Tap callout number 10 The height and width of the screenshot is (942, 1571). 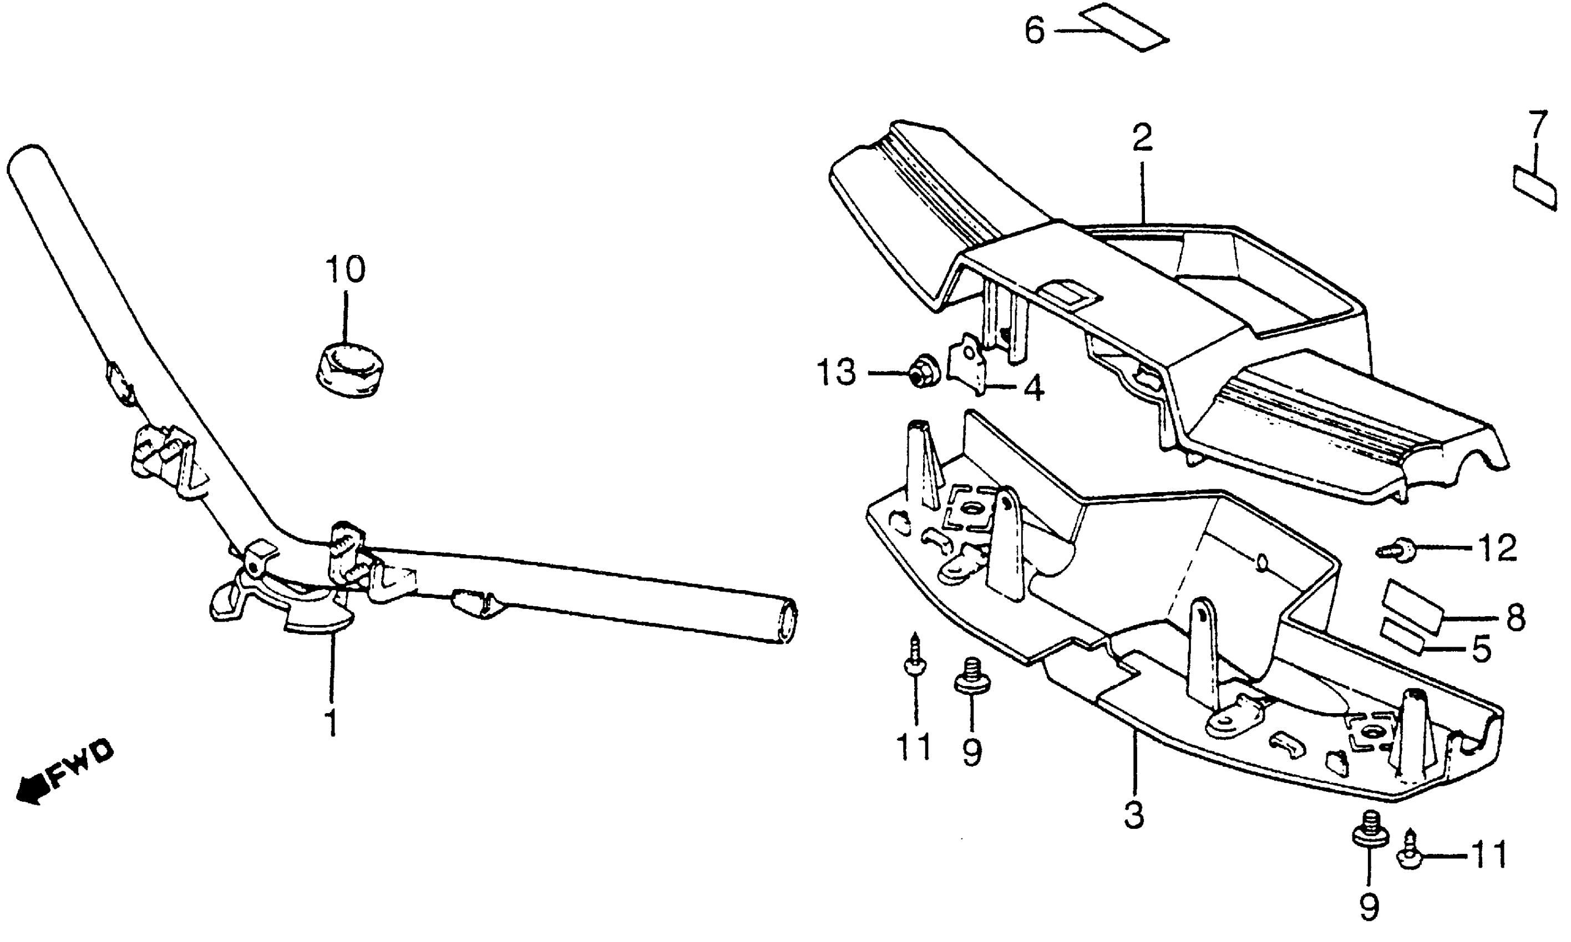[345, 270]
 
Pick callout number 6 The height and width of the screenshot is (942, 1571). [1035, 30]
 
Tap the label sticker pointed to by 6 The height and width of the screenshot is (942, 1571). [1125, 27]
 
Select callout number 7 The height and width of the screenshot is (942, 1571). [1537, 125]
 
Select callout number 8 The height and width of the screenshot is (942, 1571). [1516, 616]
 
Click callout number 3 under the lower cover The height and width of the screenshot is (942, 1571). [1133, 816]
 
